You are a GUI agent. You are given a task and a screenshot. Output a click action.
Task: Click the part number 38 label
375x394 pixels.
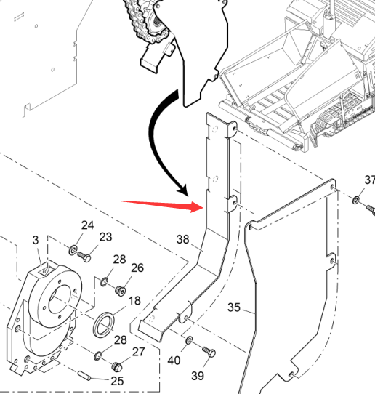tap(182, 239)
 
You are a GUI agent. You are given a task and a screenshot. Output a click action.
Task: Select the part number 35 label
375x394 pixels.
tap(234, 307)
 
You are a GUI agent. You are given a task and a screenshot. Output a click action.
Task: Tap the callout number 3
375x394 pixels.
tap(36, 240)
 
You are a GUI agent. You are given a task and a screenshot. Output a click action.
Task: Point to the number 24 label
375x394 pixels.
tap(87, 225)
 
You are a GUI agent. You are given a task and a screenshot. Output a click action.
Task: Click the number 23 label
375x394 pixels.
tap(105, 237)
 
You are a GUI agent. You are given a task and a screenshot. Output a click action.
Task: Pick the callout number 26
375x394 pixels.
tap(137, 268)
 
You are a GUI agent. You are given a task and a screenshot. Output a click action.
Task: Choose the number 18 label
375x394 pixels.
tap(134, 301)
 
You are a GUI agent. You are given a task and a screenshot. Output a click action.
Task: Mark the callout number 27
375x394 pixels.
tap(138, 352)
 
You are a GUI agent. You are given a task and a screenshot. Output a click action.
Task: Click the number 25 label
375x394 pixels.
tap(117, 381)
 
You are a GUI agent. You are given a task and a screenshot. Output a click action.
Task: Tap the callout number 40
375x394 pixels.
tap(174, 361)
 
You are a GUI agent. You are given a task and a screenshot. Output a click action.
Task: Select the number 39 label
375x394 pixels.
tap(198, 376)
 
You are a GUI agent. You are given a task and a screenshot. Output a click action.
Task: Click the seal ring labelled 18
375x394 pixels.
tap(104, 325)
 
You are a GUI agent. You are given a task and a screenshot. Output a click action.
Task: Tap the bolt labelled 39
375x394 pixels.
tap(209, 352)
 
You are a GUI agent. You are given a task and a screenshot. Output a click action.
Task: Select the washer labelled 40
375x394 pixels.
tap(189, 341)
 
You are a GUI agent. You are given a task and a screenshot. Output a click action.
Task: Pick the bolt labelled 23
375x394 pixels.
tap(84, 257)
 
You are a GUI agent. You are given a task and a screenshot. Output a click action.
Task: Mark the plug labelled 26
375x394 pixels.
tap(121, 290)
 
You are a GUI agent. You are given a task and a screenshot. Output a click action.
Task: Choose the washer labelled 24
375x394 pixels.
tap(73, 250)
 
